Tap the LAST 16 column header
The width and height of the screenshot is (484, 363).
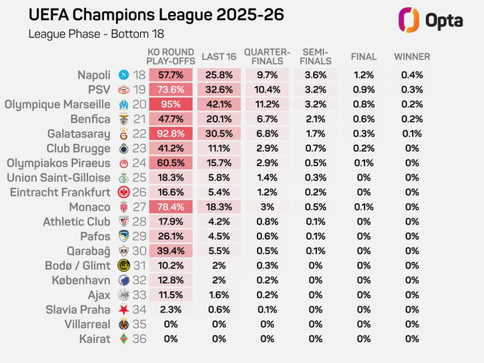(214, 57)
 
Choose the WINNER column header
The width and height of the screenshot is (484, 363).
(412, 57)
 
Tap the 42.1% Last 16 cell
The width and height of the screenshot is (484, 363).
(214, 104)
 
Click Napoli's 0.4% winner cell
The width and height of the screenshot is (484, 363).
(412, 75)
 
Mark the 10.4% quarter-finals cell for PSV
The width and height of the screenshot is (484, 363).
(266, 90)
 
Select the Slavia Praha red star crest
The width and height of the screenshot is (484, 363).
(124, 310)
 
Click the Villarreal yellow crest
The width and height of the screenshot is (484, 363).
(124, 325)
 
